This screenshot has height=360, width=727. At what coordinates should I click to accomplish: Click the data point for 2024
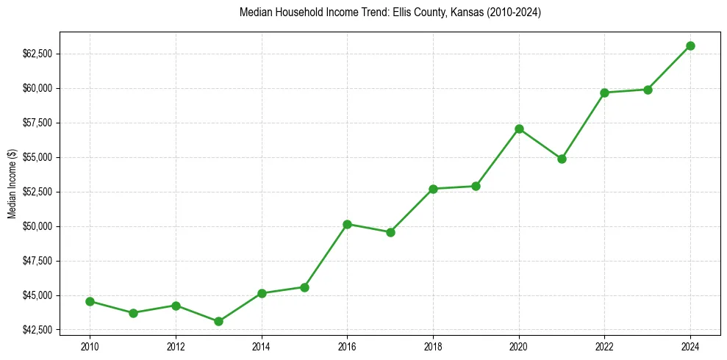[690, 46]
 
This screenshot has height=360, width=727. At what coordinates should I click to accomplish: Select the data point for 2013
[218, 321]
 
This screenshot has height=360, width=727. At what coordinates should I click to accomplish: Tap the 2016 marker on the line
[347, 224]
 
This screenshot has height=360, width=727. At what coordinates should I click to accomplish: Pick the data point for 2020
[519, 129]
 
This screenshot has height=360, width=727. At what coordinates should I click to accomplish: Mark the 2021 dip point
[562, 159]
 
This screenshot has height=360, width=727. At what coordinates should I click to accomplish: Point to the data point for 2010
[90, 301]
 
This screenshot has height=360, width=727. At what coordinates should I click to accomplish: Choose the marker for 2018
[433, 189]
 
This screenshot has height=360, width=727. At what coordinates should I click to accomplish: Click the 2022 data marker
[604, 93]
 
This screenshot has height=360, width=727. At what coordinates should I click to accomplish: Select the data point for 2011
[133, 313]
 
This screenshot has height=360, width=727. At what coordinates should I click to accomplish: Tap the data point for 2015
[304, 287]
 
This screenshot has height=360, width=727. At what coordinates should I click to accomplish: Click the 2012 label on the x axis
[176, 346]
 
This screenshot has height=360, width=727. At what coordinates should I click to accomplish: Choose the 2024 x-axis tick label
[690, 346]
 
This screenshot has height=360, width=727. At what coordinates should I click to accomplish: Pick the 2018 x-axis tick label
[433, 346]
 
